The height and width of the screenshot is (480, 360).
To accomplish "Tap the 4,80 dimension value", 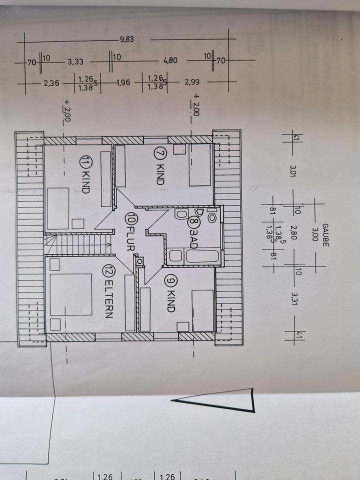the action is (x=171, y=61).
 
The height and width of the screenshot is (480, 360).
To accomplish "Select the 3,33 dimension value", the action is (x=75, y=61).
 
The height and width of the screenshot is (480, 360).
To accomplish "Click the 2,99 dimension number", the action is (x=192, y=83).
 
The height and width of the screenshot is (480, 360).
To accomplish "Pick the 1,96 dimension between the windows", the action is (x=123, y=83).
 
